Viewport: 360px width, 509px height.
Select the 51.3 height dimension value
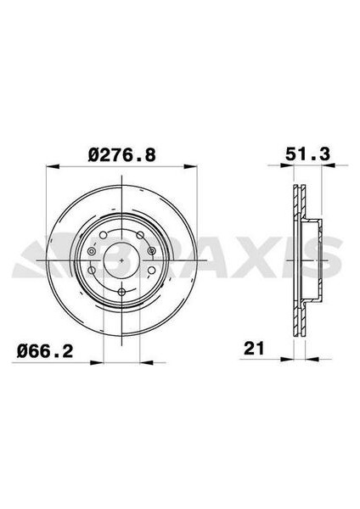point(301,155)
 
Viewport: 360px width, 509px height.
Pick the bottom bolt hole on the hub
point(121,293)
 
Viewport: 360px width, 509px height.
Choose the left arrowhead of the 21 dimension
point(291,359)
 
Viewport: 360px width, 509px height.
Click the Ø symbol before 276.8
point(95,155)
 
